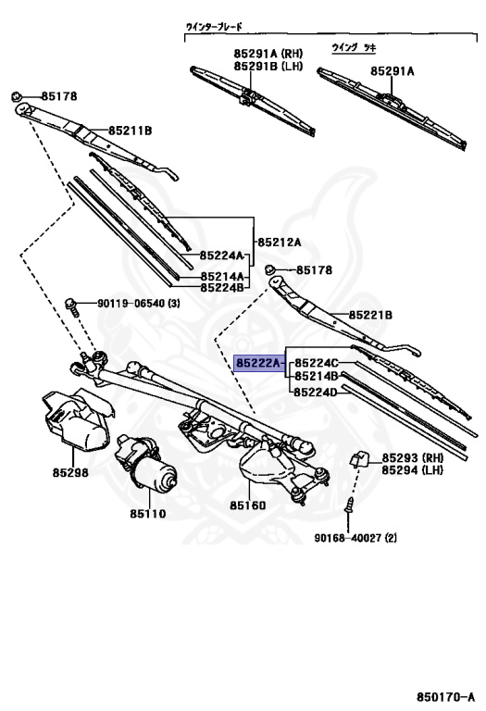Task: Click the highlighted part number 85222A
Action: [x=258, y=363]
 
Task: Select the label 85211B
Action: [x=131, y=131]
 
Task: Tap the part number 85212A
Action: [x=280, y=243]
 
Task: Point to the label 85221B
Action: [x=370, y=315]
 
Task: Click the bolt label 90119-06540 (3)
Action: [x=138, y=303]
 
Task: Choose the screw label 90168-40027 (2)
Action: [x=355, y=538]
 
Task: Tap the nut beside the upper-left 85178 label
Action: [x=17, y=96]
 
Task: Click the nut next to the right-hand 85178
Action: [x=269, y=269]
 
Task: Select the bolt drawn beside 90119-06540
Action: [x=71, y=307]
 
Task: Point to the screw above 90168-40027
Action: [x=350, y=505]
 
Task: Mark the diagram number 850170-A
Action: [x=446, y=695]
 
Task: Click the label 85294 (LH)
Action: [x=412, y=469]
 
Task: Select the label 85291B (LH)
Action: [x=268, y=67]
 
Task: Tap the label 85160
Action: [x=247, y=505]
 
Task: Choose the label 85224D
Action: [x=316, y=393]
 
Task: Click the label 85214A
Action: [x=222, y=276]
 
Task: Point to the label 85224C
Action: [x=317, y=363]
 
